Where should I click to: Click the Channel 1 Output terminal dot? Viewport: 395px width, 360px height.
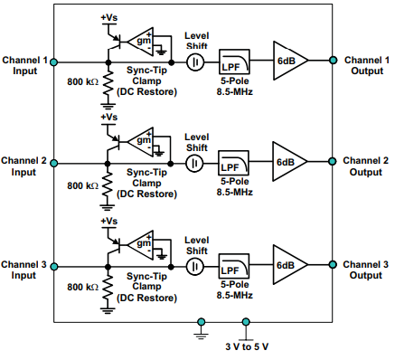tap(334, 62)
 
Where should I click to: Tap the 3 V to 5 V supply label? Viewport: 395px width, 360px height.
tap(247, 346)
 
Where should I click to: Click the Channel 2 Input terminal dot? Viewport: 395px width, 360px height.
tap(54, 164)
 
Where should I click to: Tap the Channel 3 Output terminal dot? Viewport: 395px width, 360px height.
tap(334, 266)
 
